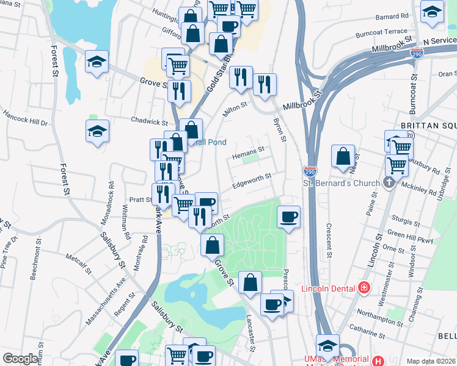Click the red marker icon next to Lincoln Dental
[x=364, y=287]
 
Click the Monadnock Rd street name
[x=111, y=193]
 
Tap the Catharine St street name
[x=384, y=334]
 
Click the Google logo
[x=20, y=359]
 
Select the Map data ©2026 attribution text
[x=431, y=361]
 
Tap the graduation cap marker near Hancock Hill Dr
[x=97, y=132]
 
